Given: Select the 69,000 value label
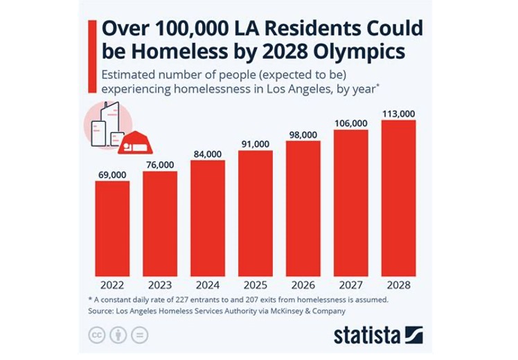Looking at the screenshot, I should [x=111, y=176].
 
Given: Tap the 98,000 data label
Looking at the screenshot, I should [x=303, y=134].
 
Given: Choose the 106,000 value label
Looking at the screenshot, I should [x=350, y=123].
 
